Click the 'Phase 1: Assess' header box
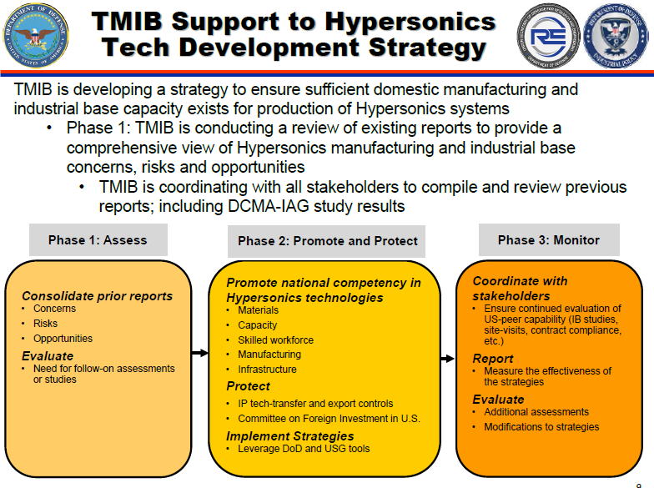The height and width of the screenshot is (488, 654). point(98,240)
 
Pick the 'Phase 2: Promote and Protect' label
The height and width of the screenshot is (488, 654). point(328,241)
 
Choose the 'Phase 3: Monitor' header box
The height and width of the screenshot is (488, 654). point(549,240)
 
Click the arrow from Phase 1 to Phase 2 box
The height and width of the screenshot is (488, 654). point(199,352)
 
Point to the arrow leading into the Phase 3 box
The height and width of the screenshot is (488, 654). point(449,352)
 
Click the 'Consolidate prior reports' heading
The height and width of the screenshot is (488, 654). point(97,295)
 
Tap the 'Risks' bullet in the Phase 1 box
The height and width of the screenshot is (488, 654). point(46,324)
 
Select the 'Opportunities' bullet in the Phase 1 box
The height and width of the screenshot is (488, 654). point(63,339)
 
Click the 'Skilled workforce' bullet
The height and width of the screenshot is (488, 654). point(275,340)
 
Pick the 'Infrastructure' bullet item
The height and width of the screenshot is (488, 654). point(267,370)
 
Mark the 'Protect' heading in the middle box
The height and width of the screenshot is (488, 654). point(248,386)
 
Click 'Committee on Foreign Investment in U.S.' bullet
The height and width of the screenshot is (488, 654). point(329,419)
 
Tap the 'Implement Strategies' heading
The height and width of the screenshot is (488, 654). point(289,435)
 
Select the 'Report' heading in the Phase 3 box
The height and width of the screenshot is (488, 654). point(493,359)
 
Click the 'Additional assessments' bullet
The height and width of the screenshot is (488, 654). point(536,412)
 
